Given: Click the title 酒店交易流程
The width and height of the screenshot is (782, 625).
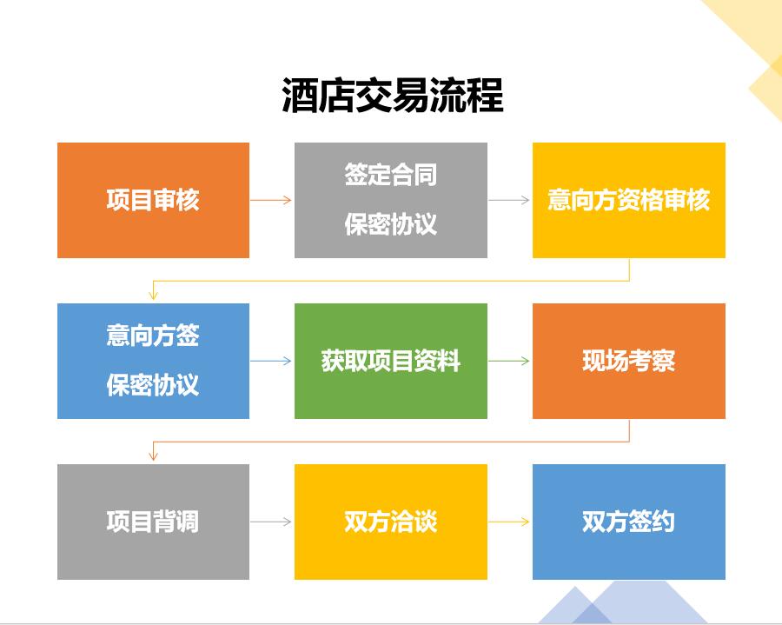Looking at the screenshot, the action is pyautogui.click(x=393, y=95).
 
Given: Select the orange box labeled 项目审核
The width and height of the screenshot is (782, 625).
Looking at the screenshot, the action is pyautogui.click(x=153, y=200).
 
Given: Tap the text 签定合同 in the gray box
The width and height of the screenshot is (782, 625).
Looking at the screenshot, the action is pyautogui.click(x=390, y=175).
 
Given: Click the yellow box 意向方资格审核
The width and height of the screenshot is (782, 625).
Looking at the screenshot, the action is pyautogui.click(x=629, y=200).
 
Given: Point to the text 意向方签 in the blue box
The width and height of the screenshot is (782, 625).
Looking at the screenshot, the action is pyautogui.click(x=153, y=335).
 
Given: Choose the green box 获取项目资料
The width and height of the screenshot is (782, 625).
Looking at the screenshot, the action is pyautogui.click(x=391, y=361).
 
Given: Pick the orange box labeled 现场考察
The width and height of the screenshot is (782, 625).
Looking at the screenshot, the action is pyautogui.click(x=629, y=361).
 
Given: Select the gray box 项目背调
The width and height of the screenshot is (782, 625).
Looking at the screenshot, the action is pyautogui.click(x=153, y=522).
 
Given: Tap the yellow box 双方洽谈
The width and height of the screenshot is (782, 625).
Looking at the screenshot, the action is pyautogui.click(x=391, y=522).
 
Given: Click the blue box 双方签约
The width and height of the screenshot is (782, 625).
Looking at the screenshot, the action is pyautogui.click(x=629, y=522).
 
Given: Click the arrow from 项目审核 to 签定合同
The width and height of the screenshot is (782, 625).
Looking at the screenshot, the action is pyautogui.click(x=271, y=200).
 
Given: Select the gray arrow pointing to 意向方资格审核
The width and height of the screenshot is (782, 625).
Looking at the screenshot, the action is pyautogui.click(x=509, y=200).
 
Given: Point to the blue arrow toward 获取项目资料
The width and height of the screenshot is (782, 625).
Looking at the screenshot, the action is pyautogui.click(x=271, y=361).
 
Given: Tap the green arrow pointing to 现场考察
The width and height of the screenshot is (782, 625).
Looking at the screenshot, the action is pyautogui.click(x=509, y=361).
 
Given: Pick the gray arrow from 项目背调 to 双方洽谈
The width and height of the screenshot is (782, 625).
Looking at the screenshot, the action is pyautogui.click(x=271, y=522).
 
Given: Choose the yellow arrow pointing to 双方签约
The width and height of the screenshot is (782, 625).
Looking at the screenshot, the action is pyautogui.click(x=509, y=522).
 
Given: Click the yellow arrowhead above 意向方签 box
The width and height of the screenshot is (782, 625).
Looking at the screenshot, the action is pyautogui.click(x=153, y=295).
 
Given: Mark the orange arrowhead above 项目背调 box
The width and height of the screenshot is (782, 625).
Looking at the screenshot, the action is pyautogui.click(x=153, y=455).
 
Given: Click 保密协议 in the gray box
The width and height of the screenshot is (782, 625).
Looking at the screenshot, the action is pyautogui.click(x=390, y=224).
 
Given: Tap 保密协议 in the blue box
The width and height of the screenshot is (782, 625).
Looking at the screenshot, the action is pyautogui.click(x=153, y=384).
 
